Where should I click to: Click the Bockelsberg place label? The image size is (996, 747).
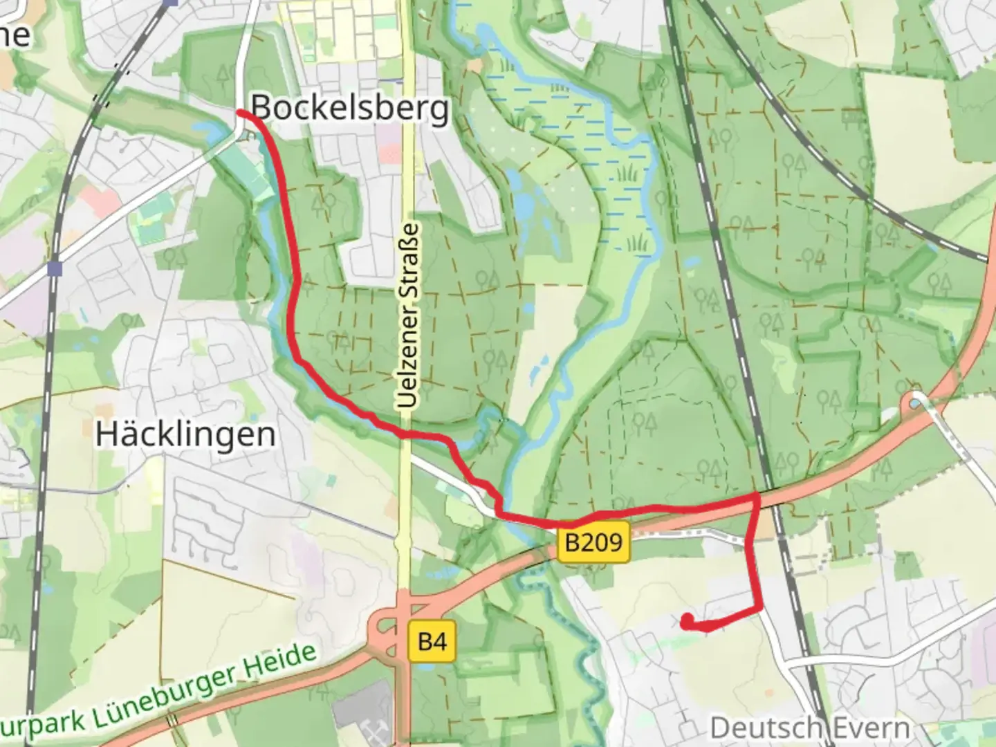pos(349,108)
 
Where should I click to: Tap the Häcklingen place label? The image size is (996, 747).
pos(185,434)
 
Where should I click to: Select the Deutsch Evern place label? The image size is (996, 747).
pos(809,728)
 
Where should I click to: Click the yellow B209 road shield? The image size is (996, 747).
pos(594,542)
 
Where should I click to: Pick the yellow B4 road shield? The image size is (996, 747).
pos(432,643)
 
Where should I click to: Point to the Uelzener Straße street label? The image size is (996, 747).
pos(409,315)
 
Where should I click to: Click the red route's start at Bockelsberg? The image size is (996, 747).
pos(241,111)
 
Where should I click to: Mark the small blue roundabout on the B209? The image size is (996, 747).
pos(916,401)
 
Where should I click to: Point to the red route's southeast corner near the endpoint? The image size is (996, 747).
pos(760,609)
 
